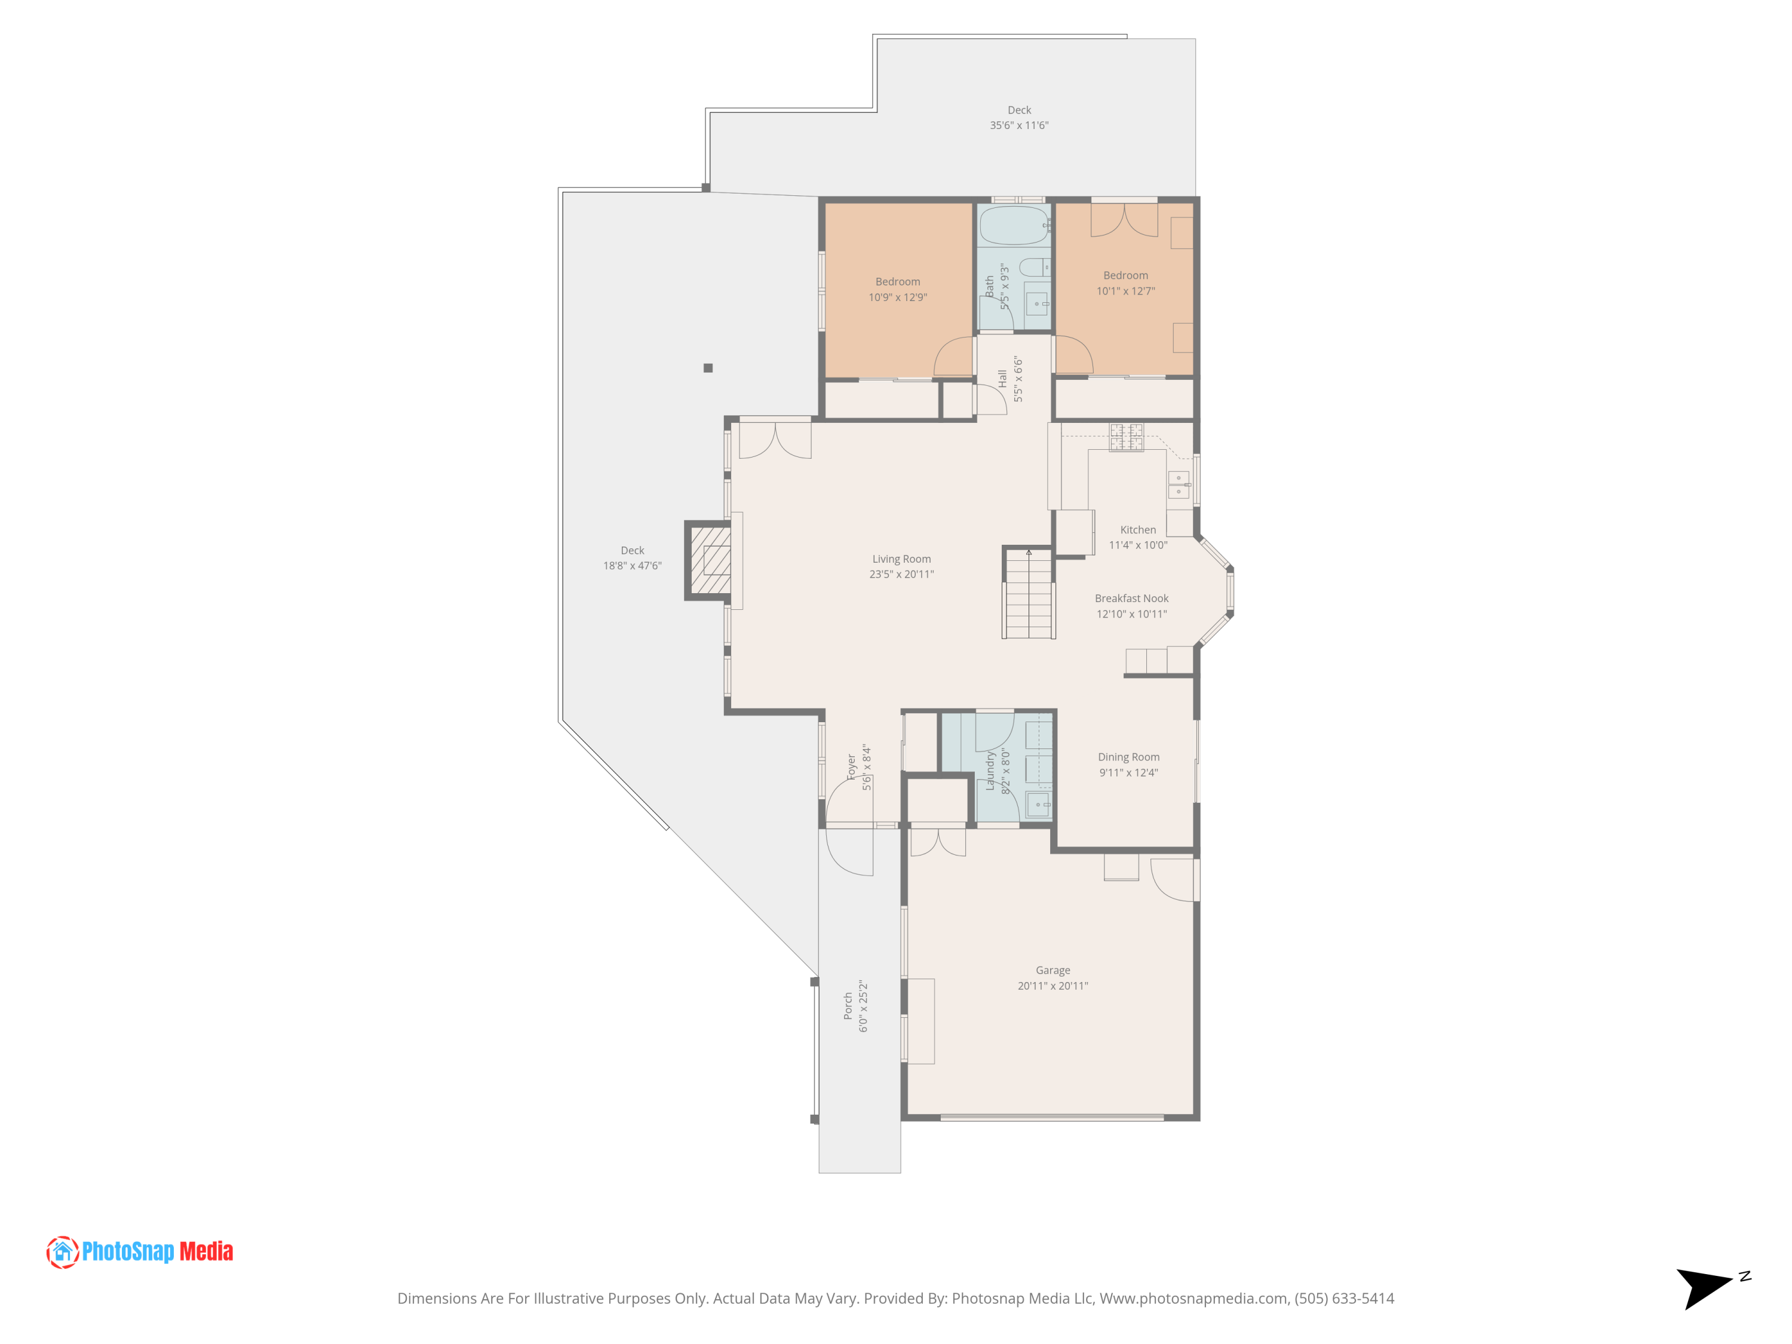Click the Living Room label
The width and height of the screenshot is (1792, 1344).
coord(901,559)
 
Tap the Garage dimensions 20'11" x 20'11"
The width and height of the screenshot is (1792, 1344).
coord(1053,986)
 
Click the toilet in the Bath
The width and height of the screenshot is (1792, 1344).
coord(1033,268)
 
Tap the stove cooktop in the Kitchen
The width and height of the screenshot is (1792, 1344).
coord(1126,437)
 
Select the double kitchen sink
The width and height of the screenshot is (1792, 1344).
coord(1178,484)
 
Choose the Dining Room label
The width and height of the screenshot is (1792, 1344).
coord(1128,757)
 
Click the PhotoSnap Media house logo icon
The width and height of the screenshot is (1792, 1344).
coord(62,1251)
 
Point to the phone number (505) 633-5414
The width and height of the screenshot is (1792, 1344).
coord(1344,1299)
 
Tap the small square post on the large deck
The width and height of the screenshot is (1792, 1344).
coord(708,368)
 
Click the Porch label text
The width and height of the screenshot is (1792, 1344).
coord(848,1005)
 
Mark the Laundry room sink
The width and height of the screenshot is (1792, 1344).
coord(1038,805)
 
